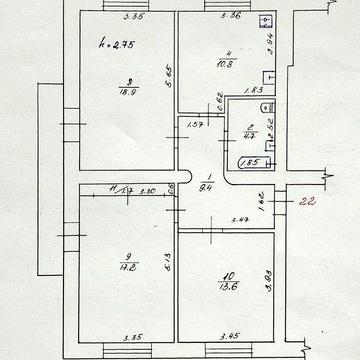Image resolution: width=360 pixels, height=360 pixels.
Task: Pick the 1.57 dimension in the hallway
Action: [x=195, y=124]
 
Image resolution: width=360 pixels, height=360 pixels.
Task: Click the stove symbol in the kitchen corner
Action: [x=264, y=22]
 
